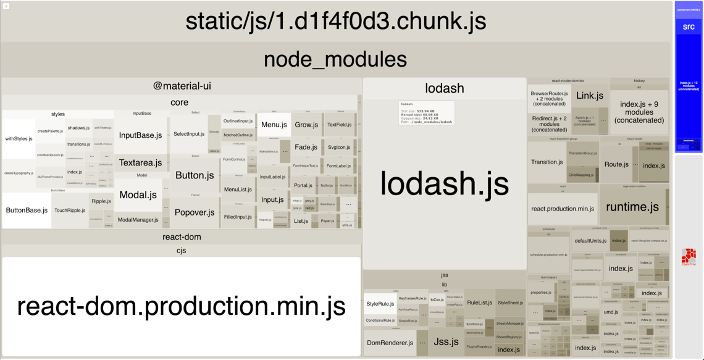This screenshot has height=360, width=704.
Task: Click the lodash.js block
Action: click(x=444, y=184)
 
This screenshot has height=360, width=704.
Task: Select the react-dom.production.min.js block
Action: click(x=181, y=306)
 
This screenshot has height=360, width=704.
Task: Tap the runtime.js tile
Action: click(x=632, y=207)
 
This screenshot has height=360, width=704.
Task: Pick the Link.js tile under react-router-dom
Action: click(x=589, y=95)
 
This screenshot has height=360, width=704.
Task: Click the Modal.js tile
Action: click(x=138, y=195)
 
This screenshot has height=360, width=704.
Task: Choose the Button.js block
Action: click(x=195, y=175)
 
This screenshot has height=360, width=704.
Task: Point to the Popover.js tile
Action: click(x=195, y=212)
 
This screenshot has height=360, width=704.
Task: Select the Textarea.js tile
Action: click(x=140, y=163)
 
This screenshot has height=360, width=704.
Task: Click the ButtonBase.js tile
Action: click(x=27, y=211)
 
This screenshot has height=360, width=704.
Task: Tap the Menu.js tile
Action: click(x=274, y=125)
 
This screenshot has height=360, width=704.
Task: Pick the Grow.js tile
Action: click(x=306, y=125)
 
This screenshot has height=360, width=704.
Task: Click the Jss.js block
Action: click(x=446, y=341)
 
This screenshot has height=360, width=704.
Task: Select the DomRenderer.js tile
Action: click(x=390, y=343)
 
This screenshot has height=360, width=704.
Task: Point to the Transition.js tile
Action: click(x=547, y=162)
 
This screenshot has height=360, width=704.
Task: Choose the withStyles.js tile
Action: click(x=19, y=139)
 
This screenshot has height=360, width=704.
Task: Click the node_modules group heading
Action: click(x=335, y=59)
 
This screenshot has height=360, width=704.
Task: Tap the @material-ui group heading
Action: click(x=182, y=86)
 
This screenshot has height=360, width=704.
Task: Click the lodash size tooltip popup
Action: click(x=426, y=113)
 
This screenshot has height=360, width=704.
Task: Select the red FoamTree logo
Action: click(x=689, y=256)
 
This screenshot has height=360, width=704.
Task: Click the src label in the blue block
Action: click(x=689, y=27)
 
